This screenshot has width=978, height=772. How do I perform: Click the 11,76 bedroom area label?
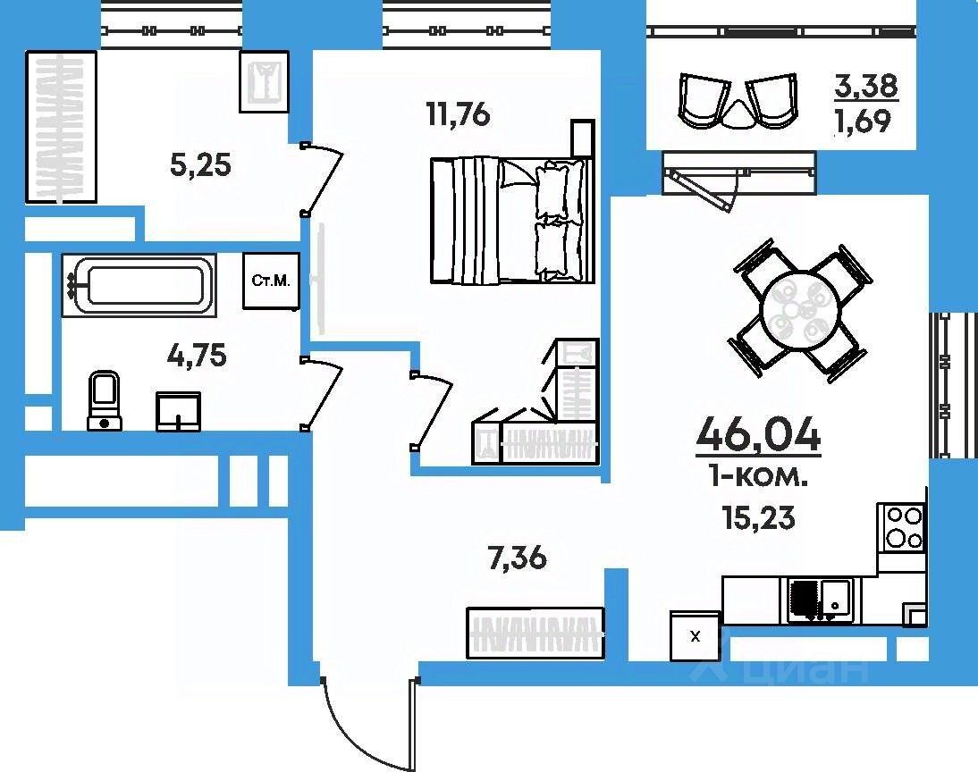click(459, 115)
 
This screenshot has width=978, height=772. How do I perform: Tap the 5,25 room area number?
click(201, 166)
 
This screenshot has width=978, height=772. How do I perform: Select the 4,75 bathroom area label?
click(197, 357)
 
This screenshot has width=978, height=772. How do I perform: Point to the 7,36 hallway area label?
click(518, 558)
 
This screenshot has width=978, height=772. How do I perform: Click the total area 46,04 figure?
click(758, 433)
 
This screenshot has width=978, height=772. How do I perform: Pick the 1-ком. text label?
click(758, 478)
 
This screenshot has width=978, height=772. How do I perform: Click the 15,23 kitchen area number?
click(759, 517)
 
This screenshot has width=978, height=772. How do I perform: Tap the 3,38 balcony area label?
click(867, 86)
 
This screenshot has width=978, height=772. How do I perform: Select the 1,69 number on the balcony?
click(864, 121)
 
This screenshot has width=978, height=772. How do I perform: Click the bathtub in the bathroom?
click(139, 285)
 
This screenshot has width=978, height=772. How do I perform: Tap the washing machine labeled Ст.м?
click(272, 281)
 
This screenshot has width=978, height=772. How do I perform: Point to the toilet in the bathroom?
click(105, 400)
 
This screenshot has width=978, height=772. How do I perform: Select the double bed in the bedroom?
click(511, 220)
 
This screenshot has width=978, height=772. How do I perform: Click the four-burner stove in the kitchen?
click(900, 527)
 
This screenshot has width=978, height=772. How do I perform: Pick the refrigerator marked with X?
click(695, 635)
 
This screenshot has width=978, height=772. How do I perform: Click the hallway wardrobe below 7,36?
click(535, 633)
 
